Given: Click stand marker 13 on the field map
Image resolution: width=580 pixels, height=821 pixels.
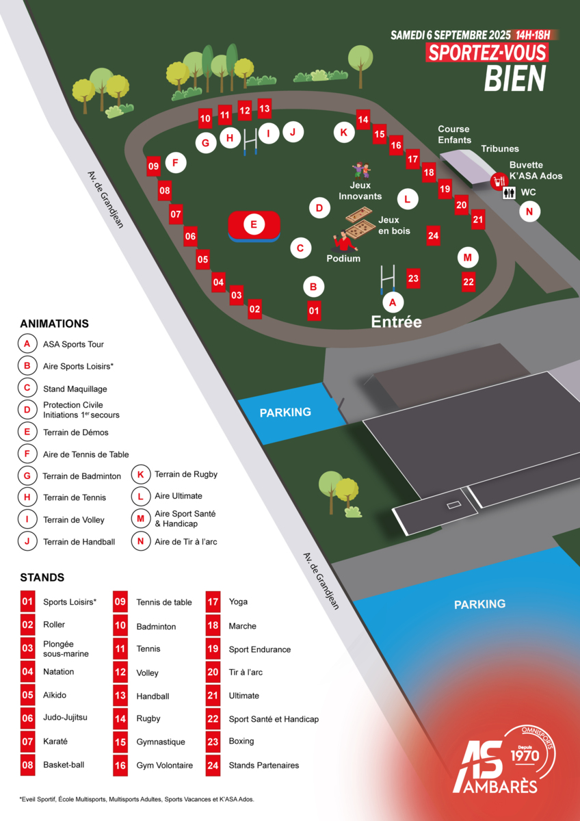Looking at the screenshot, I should click(x=265, y=108).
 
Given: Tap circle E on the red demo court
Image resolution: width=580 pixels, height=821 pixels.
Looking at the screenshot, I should click(x=254, y=224).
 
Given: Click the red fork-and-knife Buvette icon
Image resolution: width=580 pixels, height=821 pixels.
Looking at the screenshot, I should click(x=499, y=181).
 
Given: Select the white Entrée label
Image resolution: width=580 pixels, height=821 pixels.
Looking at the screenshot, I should click(x=396, y=322).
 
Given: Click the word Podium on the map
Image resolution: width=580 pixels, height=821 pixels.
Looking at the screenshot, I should click(x=343, y=259).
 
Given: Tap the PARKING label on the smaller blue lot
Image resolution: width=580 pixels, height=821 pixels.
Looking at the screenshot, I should click(x=285, y=412).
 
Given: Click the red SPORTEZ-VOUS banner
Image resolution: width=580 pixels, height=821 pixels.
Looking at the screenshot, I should click(x=487, y=53).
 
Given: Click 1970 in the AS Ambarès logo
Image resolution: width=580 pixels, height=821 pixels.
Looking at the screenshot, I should click(x=525, y=755).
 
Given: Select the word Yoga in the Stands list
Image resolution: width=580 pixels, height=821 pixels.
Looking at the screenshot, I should click(x=238, y=602).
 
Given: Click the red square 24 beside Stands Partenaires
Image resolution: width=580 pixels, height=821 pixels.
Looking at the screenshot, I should click(x=213, y=765).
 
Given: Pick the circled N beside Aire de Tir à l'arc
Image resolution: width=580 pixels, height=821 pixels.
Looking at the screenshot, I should click(x=140, y=541).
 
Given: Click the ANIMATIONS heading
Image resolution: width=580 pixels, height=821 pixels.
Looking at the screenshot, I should click(x=55, y=324).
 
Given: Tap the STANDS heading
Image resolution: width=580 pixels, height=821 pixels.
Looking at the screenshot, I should click(x=42, y=577).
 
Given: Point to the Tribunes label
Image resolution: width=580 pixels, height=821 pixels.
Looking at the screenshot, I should click(x=499, y=148).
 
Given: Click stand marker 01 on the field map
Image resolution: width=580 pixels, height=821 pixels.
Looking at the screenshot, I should click(x=314, y=311).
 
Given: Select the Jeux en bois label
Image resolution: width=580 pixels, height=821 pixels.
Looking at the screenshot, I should click(x=395, y=226).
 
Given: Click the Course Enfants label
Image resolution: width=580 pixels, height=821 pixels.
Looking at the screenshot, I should click(x=454, y=134).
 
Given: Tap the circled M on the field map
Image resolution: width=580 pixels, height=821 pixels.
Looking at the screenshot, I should click(x=467, y=257).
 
